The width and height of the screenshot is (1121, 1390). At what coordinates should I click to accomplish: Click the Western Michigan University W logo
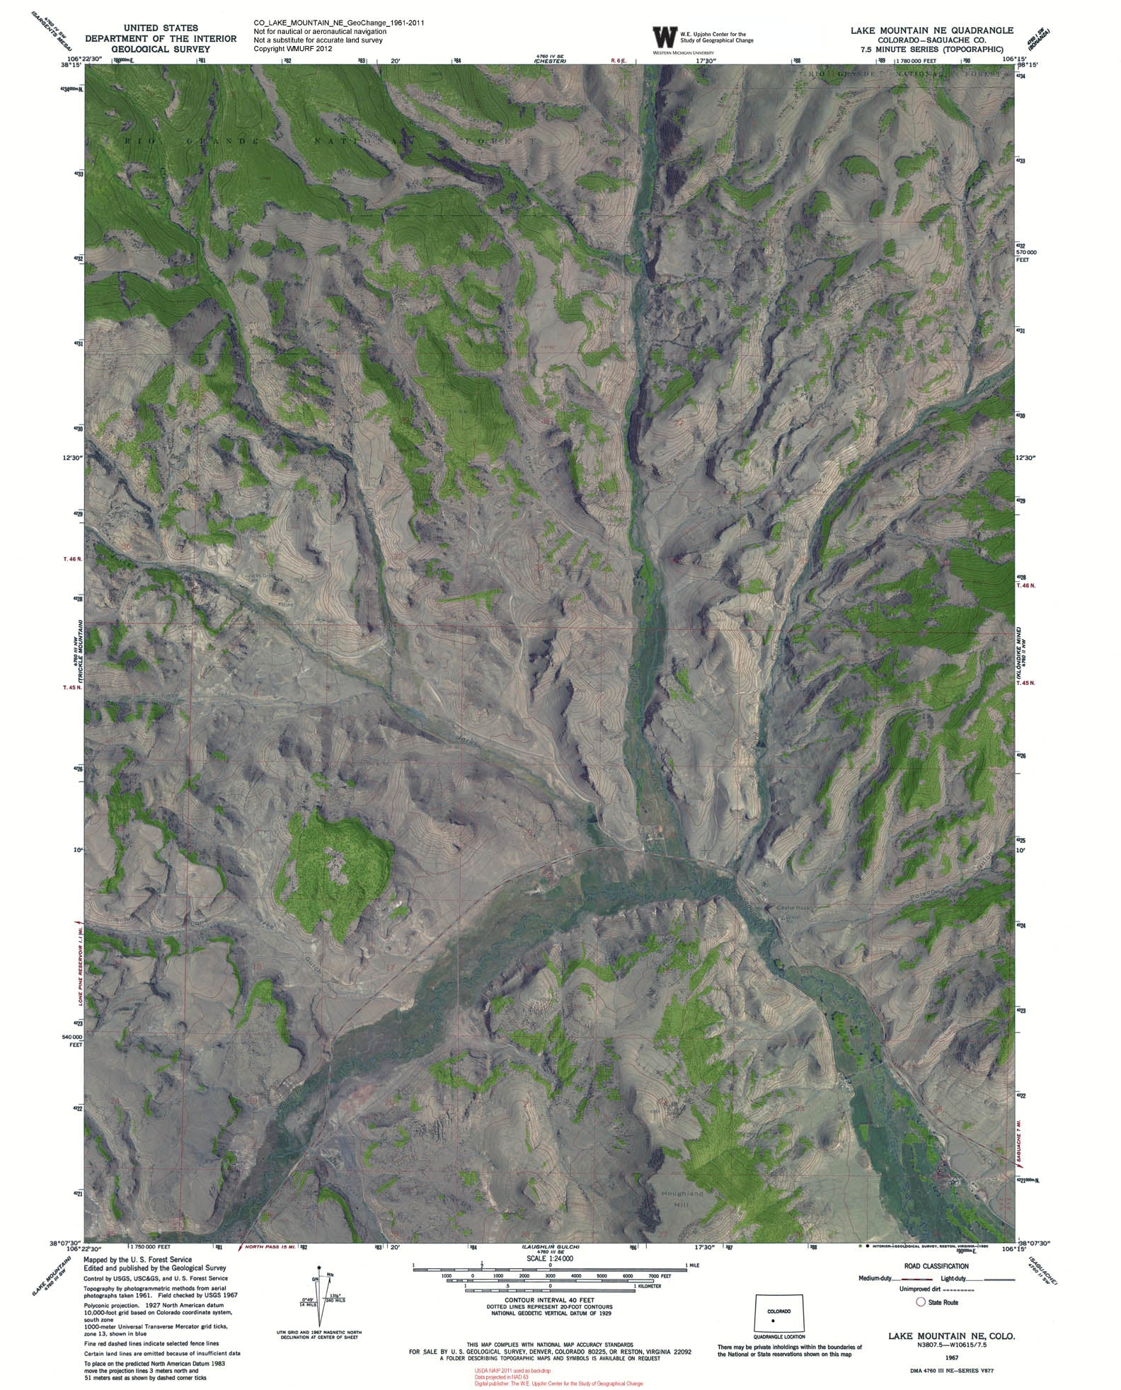(x=664, y=37)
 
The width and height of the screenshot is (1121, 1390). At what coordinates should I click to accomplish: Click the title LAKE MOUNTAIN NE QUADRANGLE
(x=932, y=30)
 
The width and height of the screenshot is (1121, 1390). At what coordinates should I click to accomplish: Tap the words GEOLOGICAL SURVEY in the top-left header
(x=161, y=50)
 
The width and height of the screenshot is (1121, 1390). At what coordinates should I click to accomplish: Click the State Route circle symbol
(x=921, y=1302)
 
